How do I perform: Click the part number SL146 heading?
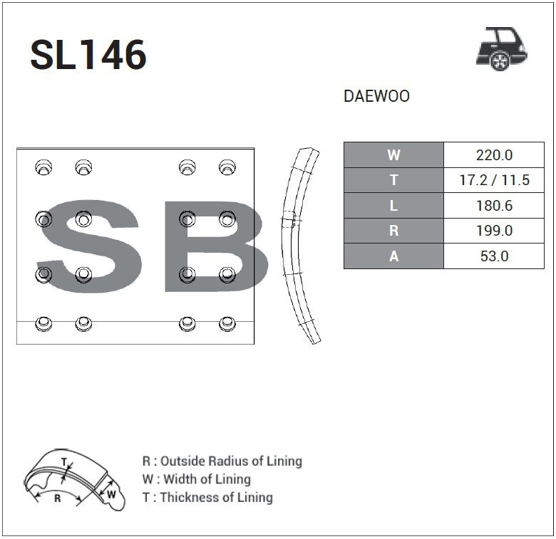[x=88, y=55]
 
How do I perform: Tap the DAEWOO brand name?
[x=376, y=96]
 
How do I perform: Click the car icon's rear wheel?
[x=500, y=61]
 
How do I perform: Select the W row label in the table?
[x=393, y=155]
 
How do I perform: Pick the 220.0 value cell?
[x=494, y=155]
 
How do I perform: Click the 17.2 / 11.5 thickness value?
[x=494, y=180]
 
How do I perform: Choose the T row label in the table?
[x=393, y=180]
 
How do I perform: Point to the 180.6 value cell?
[x=494, y=206]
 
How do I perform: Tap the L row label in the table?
[x=393, y=206]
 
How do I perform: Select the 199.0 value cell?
[x=494, y=231]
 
